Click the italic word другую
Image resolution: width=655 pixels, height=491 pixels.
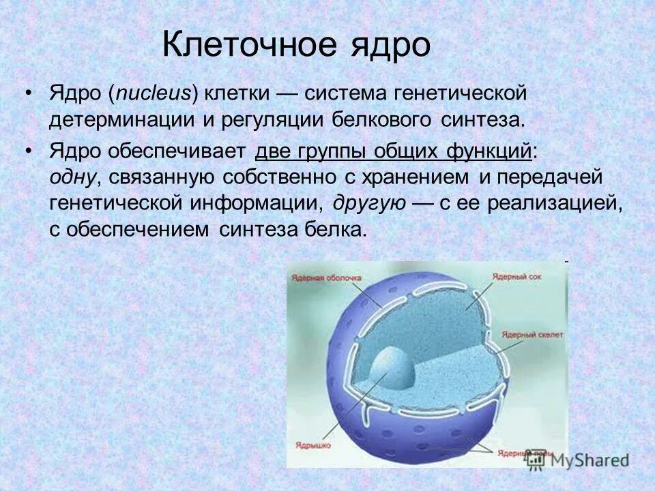point(370,203)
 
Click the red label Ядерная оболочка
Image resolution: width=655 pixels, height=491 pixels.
point(325,278)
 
